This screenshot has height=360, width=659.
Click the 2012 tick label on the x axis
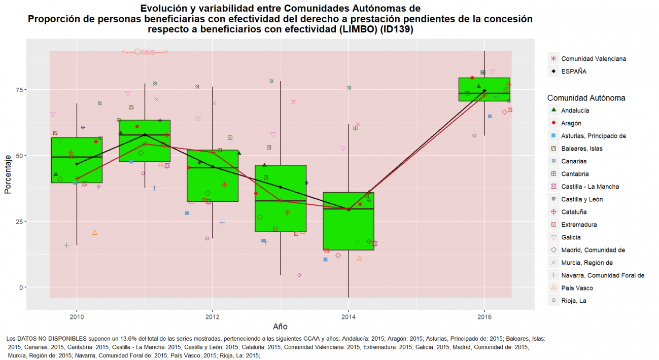point(213,317)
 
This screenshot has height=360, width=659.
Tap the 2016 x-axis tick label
point(484,317)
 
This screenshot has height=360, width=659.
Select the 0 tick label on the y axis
point(20,287)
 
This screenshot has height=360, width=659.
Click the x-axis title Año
point(280,327)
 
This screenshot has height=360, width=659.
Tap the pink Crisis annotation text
point(145,52)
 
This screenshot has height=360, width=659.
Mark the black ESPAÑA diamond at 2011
point(145,135)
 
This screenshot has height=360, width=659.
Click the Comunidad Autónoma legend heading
point(586,98)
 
